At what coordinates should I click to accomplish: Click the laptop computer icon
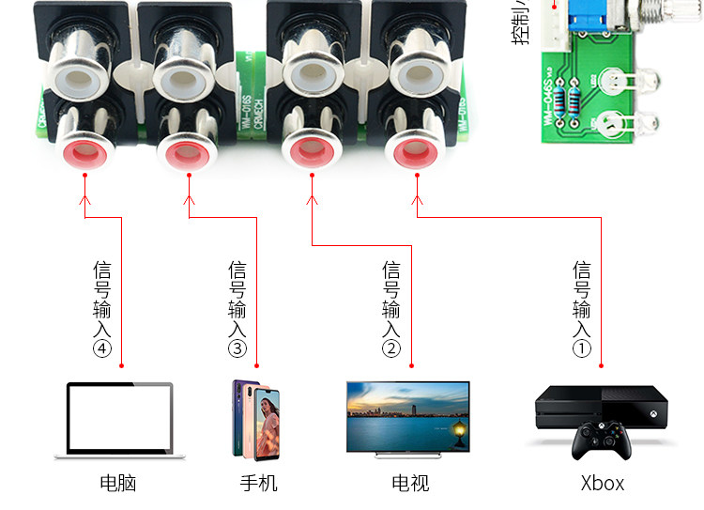coord(118,420)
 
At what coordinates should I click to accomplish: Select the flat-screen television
coord(407,416)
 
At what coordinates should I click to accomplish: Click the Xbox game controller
coord(603,440)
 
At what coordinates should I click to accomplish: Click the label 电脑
coord(118,484)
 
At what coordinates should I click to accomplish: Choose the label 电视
coord(410,484)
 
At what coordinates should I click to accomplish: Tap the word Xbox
coord(603,484)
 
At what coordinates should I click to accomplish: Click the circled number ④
coord(102,349)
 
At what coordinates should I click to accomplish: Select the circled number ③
coord(237,349)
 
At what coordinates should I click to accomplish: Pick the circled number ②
coord(391,349)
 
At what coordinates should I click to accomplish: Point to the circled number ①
coord(582,349)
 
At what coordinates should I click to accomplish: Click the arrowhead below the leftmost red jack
coord(85,198)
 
